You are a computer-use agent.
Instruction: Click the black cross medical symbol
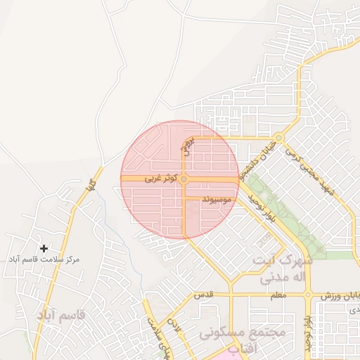click(44, 248)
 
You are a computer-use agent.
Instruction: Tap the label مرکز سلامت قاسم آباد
click(44, 259)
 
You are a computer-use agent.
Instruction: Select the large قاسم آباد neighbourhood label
click(60, 315)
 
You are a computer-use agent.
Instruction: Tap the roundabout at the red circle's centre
click(184, 180)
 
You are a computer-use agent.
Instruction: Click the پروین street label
click(187, 146)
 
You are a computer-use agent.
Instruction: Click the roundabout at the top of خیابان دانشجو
click(279, 138)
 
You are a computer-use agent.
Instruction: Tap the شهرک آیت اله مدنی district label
click(285, 269)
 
